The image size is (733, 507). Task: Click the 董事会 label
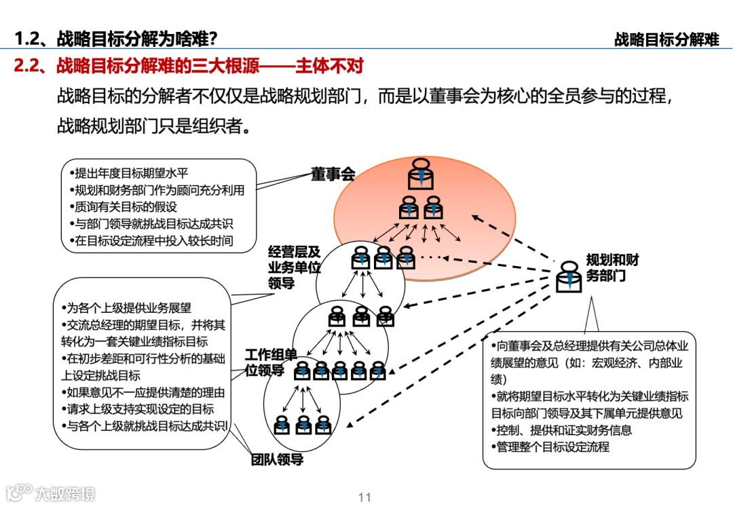(x=333, y=174)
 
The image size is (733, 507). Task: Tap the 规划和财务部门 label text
(x=612, y=268)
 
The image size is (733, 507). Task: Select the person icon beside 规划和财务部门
(x=568, y=277)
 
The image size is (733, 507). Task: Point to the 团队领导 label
(x=277, y=459)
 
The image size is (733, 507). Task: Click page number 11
(x=364, y=497)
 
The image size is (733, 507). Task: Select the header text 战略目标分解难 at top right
(x=666, y=39)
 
